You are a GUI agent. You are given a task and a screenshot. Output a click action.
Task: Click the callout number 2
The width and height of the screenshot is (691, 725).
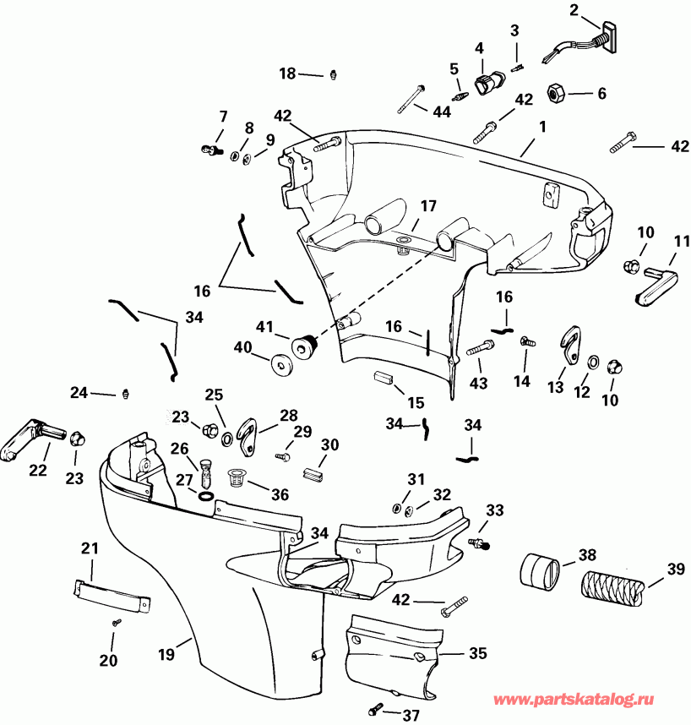pyautogui.click(x=574, y=10)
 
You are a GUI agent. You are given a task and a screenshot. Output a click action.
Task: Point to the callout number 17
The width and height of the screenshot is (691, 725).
pyautogui.click(x=428, y=205)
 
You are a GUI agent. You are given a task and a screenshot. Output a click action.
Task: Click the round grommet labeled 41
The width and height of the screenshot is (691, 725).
pyautogui.click(x=303, y=344)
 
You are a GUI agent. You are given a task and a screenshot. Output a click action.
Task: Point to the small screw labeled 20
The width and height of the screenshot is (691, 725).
pyautogui.click(x=116, y=622)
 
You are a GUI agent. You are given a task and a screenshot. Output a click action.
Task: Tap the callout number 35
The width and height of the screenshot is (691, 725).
pyautogui.click(x=478, y=653)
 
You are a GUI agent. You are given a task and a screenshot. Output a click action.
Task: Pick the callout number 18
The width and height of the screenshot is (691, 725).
pyautogui.click(x=287, y=74)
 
